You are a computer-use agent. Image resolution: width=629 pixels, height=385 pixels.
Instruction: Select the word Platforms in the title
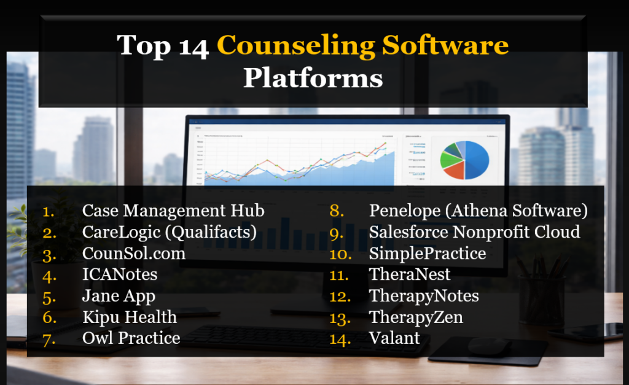(313, 78)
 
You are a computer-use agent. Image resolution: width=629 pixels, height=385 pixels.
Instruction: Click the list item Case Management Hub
(173, 211)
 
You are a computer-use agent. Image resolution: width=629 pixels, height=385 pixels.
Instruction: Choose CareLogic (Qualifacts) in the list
(169, 232)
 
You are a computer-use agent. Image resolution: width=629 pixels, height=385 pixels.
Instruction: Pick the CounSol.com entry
(134, 253)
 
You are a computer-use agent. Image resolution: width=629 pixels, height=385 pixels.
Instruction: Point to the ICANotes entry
(120, 274)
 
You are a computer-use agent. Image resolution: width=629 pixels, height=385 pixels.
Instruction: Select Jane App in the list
(119, 296)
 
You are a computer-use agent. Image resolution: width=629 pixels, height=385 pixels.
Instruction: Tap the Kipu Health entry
(129, 317)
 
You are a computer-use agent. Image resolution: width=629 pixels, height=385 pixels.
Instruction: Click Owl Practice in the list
(131, 338)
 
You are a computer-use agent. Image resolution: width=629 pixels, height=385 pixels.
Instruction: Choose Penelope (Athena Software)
(479, 211)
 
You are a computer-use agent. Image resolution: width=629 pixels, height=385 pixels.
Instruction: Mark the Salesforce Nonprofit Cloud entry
(474, 232)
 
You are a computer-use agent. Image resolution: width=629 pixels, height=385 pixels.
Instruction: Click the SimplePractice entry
(428, 253)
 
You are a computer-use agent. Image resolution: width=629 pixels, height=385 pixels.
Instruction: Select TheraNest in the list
(410, 274)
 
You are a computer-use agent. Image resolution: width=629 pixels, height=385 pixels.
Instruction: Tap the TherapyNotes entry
(424, 296)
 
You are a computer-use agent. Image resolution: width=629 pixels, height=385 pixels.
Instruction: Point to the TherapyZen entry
(416, 317)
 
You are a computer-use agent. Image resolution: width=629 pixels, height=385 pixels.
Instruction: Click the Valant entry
(394, 338)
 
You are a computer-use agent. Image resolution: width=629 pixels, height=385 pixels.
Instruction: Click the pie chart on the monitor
(464, 159)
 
